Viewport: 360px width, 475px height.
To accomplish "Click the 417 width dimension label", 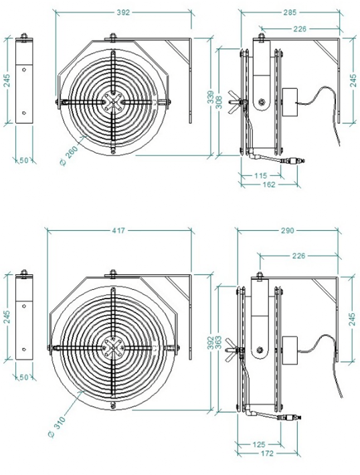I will coord(119,230).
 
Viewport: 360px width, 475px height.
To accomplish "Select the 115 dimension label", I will coord(260,175).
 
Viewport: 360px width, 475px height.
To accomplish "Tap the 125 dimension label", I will coord(258,444).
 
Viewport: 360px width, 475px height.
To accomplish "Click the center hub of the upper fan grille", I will coord(110,102).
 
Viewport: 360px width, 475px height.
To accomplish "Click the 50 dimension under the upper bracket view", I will coord(24,161).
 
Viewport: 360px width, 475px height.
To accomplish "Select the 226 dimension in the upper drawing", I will coord(299,29).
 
